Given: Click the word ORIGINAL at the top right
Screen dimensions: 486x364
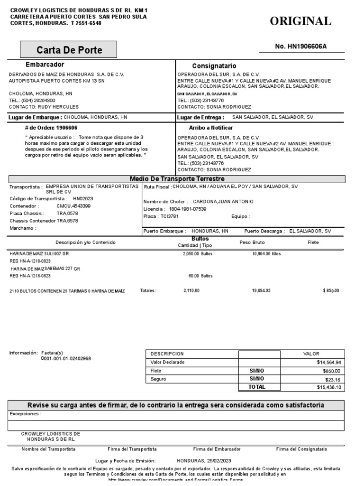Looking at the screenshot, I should tap(300, 21).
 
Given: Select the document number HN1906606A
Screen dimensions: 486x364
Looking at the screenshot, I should tap(301, 46).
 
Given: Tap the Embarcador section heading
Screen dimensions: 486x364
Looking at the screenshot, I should tap(45, 65).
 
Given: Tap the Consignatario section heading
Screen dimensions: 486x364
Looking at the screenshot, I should tap(214, 66).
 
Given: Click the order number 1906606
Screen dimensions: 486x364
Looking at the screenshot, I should tap(67, 128).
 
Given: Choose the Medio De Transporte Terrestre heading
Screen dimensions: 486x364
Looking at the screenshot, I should tap(177, 178).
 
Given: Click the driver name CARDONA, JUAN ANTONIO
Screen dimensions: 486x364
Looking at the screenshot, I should tap(223, 202).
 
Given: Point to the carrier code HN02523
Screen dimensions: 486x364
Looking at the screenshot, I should tap(83, 199).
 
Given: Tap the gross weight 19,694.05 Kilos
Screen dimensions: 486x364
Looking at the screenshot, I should tap(266, 254).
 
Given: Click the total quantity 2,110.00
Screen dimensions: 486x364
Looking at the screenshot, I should tap(191, 290).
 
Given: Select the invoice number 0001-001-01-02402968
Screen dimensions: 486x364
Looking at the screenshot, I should tap(66, 359).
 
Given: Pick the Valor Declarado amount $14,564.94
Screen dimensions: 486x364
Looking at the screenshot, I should tap(328, 363).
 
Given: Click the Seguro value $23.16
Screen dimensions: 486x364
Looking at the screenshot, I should tap(332, 379).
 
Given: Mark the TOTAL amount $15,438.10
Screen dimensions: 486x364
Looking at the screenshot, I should tap(328, 387).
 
